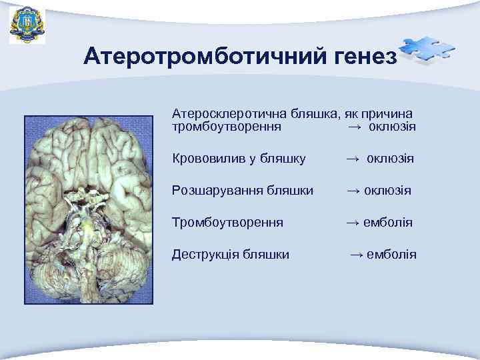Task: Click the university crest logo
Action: tap(27, 25)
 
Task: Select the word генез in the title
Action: tap(361, 57)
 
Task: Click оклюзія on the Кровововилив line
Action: tap(390, 159)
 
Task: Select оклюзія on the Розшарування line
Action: tap(387, 191)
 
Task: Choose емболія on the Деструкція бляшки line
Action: tap(392, 254)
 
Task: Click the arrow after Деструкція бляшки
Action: tap(357, 254)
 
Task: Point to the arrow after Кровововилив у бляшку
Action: tap(353, 159)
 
